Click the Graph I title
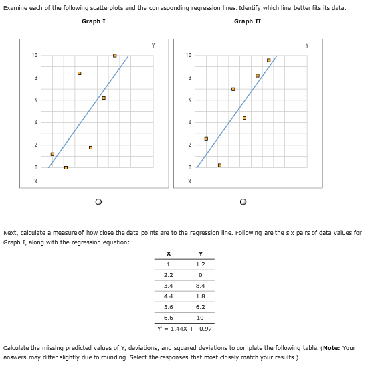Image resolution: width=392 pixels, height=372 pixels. click(93, 21)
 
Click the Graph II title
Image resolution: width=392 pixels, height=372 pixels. click(248, 21)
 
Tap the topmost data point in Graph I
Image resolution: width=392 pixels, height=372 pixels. click(114, 55)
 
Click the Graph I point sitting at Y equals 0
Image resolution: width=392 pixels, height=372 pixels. click(66, 167)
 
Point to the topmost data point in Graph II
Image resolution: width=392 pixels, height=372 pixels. click(268, 60)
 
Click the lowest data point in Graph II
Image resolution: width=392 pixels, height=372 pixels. click(219, 165)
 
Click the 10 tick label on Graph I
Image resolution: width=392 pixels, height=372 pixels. click(34, 55)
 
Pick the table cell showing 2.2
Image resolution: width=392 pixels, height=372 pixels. click(168, 274)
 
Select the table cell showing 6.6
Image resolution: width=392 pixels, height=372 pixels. click(168, 318)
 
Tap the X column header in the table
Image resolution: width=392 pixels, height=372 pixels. click(168, 253)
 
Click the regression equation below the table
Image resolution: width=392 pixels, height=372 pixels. click(184, 329)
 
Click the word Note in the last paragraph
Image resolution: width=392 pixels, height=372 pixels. click(318, 348)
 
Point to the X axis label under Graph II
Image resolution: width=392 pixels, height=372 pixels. click(190, 181)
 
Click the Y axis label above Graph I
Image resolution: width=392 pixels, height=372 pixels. click(153, 45)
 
